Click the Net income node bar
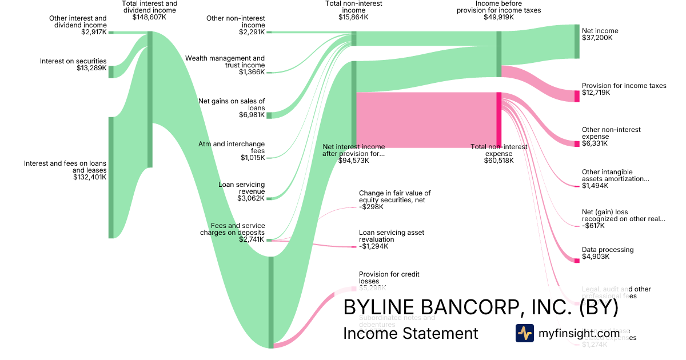pos(577,41)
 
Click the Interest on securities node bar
pos(111,71)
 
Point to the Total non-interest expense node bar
pos(498,120)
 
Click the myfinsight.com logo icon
pos(524,333)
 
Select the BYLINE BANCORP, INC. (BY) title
pos(481,307)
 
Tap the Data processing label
pos(608,250)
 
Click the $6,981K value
pos(252,115)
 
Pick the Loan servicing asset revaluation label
pos(392,236)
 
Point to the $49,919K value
pos(498,17)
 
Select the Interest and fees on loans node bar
pos(111,177)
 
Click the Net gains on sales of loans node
pos(269,115)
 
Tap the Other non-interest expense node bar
pos(577,143)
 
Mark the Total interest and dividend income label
pos(150,7)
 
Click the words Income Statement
pos(410,333)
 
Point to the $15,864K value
pos(353,17)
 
